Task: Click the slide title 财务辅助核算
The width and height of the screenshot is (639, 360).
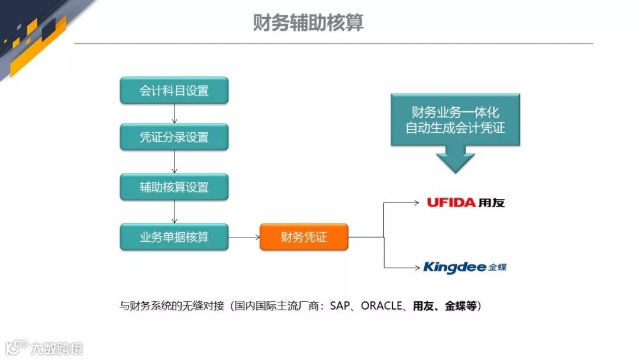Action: [x=308, y=23]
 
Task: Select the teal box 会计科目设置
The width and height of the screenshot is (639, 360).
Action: [x=174, y=91]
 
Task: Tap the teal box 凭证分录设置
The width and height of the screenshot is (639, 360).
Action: [x=174, y=137]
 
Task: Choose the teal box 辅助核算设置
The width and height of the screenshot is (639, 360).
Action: [x=174, y=187]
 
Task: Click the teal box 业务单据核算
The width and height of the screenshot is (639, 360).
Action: [x=174, y=237]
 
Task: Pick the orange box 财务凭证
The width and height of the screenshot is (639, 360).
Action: [x=304, y=237]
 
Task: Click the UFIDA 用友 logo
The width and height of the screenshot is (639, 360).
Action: [x=466, y=202]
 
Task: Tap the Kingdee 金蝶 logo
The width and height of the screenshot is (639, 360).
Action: [x=464, y=268]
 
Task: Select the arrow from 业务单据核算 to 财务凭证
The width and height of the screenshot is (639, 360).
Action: [x=244, y=237]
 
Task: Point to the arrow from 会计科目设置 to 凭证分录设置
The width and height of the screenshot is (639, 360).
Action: [x=174, y=114]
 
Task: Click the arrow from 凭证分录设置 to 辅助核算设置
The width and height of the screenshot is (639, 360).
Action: [x=174, y=162]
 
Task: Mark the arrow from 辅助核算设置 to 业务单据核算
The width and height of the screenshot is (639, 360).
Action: [x=174, y=212]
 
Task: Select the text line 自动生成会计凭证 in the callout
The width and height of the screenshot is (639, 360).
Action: [x=455, y=128]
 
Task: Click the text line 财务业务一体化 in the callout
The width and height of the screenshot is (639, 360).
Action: [x=455, y=112]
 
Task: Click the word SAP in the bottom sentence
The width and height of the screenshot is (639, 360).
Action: [x=340, y=306]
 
